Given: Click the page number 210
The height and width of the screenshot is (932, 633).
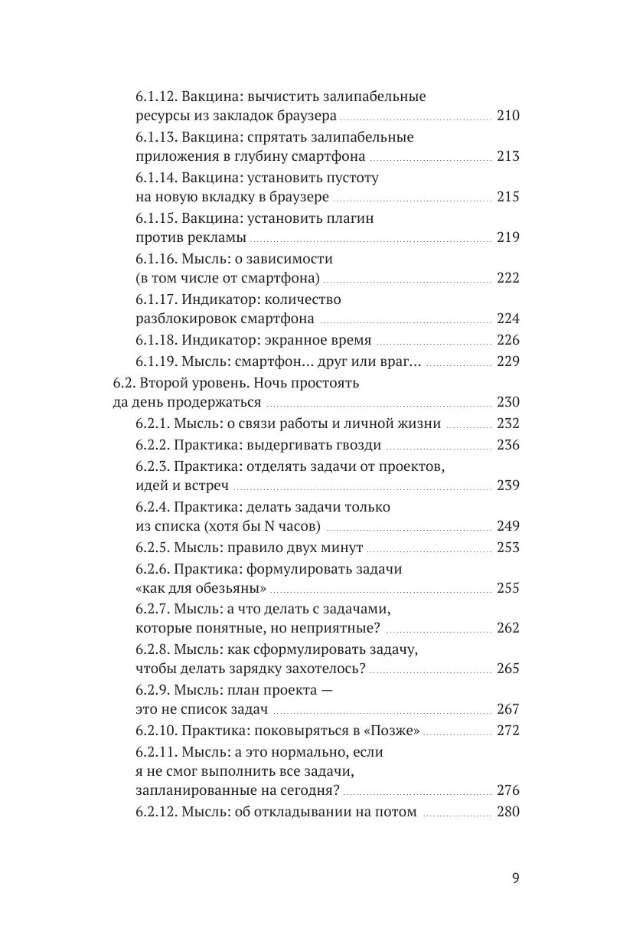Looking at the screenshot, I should [508, 116].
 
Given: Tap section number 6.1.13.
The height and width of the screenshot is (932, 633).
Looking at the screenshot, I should [156, 137].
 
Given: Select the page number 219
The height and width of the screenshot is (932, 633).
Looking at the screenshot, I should [508, 237].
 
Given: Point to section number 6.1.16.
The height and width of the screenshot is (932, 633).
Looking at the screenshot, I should [156, 259].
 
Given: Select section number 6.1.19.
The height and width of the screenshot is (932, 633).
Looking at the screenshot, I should [156, 361].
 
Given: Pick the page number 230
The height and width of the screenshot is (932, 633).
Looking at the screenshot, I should [508, 403].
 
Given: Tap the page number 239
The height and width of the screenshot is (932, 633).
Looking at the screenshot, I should [508, 486].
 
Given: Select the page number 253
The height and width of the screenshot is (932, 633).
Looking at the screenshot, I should [508, 548].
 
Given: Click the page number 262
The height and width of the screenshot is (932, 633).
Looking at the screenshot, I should [508, 628].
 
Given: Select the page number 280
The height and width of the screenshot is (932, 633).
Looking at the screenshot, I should [508, 812].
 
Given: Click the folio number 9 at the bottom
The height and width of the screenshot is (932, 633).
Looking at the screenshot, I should [515, 878].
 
